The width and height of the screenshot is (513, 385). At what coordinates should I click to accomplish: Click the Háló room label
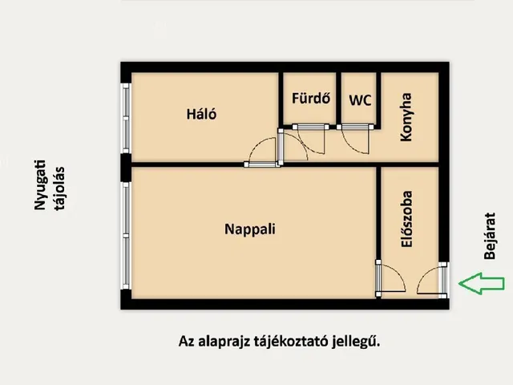(202, 115)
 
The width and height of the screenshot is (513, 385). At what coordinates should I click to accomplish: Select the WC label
(360, 101)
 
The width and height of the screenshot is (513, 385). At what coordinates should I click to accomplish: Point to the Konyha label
(406, 118)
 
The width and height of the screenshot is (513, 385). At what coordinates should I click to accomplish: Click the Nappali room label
(249, 229)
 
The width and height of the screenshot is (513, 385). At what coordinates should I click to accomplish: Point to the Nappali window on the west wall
(125, 232)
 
